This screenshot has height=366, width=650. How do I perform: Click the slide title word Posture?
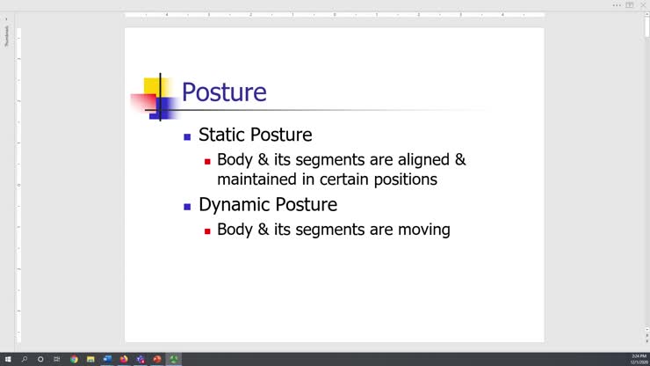pyautogui.click(x=223, y=92)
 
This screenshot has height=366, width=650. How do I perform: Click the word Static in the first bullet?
pyautogui.click(x=221, y=135)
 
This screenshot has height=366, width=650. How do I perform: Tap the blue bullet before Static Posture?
pyautogui.click(x=187, y=136)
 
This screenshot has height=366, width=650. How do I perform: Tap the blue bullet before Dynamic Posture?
pyautogui.click(x=187, y=207)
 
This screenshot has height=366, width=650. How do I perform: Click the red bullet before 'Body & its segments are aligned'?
pyautogui.click(x=207, y=161)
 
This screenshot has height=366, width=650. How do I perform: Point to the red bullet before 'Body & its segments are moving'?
pyautogui.click(x=207, y=231)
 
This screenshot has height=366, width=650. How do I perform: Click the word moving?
pyautogui.click(x=423, y=230)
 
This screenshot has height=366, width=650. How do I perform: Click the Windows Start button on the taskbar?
pyautogui.click(x=8, y=359)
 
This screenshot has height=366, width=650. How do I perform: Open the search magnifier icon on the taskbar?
pyautogui.click(x=25, y=359)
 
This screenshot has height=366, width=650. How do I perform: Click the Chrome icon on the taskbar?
pyautogui.click(x=74, y=359)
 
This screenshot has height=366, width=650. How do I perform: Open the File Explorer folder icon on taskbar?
pyautogui.click(x=90, y=359)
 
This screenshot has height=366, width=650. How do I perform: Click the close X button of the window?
pyautogui.click(x=643, y=4)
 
